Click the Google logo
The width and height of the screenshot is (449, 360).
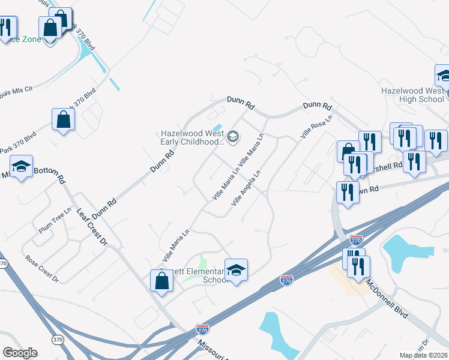coord(20,353)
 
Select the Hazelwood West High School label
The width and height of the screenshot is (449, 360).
coord(413,95)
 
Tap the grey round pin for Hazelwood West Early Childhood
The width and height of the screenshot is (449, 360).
coord(233,138)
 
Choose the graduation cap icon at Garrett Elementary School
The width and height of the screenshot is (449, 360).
coord(237,271)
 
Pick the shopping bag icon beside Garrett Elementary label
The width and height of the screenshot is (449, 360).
coord(161,281)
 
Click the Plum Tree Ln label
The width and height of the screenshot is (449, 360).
coord(55,221)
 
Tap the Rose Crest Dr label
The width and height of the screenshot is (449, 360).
coord(41,269)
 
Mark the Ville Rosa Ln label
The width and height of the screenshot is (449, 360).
coord(316,128)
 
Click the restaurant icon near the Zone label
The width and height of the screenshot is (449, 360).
coord(7,27)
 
